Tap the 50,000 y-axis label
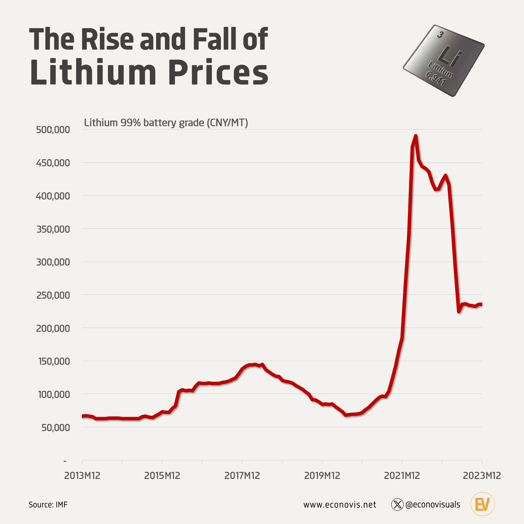[56, 428]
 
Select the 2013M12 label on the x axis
[82, 475]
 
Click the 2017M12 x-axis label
[242, 475]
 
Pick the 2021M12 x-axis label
[402, 475]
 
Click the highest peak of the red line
[416, 136]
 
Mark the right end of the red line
[481, 304]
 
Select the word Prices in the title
[218, 72]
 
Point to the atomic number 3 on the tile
[440, 35]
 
